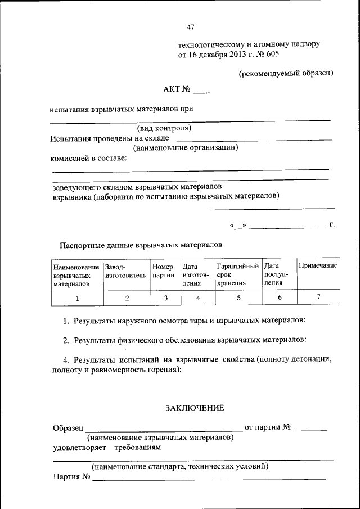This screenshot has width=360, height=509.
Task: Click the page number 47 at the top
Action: (190, 26)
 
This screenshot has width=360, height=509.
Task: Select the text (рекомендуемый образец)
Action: (286, 73)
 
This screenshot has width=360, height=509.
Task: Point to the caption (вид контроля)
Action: (165, 128)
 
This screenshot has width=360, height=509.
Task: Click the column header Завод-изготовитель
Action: (125, 271)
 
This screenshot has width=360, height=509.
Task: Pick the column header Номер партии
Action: (163, 271)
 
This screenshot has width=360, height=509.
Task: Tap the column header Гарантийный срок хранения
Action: (237, 274)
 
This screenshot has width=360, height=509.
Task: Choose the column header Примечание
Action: (318, 265)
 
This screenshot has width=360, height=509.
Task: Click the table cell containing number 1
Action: (77, 298)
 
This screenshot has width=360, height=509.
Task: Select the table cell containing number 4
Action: (198, 298)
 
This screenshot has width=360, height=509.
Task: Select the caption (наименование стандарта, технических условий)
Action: (180, 466)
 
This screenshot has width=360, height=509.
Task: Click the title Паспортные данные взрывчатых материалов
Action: (141, 245)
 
